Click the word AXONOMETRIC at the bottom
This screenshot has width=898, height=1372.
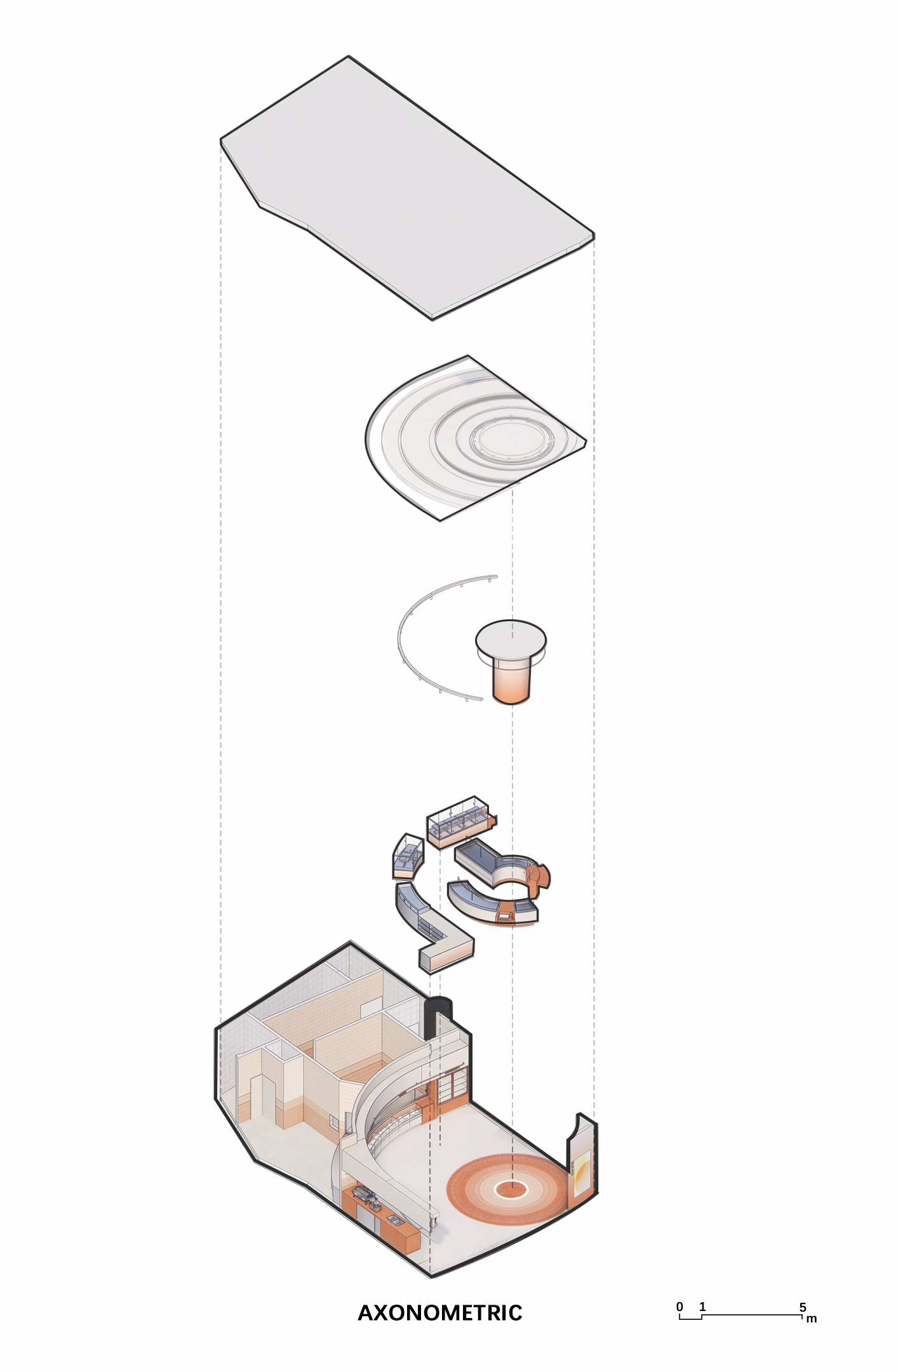(x=440, y=1312)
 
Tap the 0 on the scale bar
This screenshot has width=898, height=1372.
(x=680, y=1307)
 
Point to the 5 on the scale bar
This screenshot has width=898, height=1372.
(x=803, y=1307)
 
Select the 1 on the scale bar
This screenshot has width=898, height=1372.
(x=702, y=1307)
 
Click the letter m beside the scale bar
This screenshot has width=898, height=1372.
(x=812, y=1319)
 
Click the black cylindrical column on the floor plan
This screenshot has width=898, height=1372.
(x=438, y=1017)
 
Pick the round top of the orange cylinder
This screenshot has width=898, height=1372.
(x=511, y=638)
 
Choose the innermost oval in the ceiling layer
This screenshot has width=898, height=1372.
(x=511, y=438)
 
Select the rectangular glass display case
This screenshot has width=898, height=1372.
(x=459, y=821)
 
